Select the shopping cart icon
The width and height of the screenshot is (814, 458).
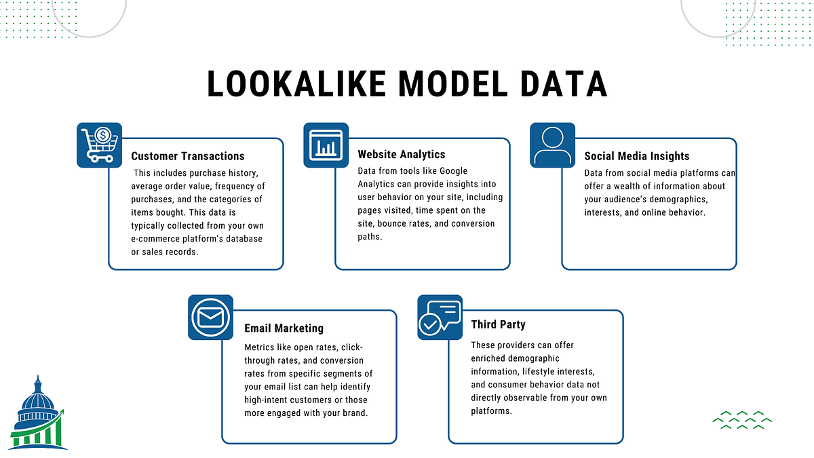[99, 145]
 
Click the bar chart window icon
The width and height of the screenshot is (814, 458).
[326, 145]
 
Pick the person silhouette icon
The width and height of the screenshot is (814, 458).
[552, 145]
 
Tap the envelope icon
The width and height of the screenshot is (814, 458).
[210, 317]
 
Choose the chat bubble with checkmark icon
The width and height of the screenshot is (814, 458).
[439, 317]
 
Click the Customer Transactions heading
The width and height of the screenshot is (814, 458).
[188, 156]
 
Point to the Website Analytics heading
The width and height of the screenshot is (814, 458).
[402, 155]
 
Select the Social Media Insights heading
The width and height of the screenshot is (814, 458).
[636, 156]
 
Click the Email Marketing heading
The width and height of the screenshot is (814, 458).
[284, 328]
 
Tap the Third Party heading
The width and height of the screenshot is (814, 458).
[498, 325]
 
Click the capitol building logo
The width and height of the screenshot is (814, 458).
[39, 413]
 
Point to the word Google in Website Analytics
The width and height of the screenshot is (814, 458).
[454, 171]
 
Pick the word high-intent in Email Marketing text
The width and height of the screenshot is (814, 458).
[268, 400]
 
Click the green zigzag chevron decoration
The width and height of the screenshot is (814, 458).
[742, 420]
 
